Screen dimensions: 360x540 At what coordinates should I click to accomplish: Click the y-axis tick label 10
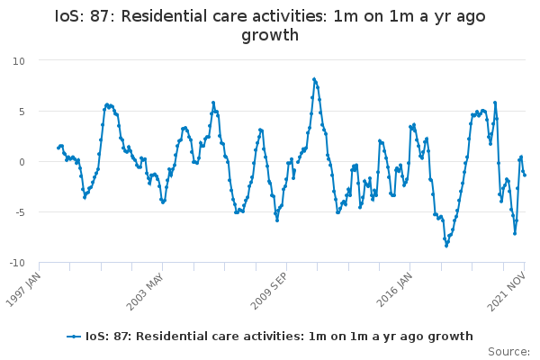point(43,60)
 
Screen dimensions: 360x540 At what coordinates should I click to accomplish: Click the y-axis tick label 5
point(46,111)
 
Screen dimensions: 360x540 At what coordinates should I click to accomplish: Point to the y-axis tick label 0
point(46,162)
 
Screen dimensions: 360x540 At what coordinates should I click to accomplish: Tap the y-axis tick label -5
point(44,212)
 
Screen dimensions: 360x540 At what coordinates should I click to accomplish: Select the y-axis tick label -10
point(41,263)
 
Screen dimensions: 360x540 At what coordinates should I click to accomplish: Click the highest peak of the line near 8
point(314,79)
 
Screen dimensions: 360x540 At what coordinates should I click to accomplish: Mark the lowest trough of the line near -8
point(445,246)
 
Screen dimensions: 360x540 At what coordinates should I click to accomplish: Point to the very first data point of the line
point(58,148)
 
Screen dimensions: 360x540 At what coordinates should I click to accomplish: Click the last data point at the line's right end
point(525,175)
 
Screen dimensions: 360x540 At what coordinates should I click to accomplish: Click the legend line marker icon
point(75,337)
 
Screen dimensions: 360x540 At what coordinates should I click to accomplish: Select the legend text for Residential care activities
point(279,337)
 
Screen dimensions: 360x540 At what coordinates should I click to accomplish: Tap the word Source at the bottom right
point(508,351)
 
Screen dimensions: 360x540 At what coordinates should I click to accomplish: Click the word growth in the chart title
point(270,36)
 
